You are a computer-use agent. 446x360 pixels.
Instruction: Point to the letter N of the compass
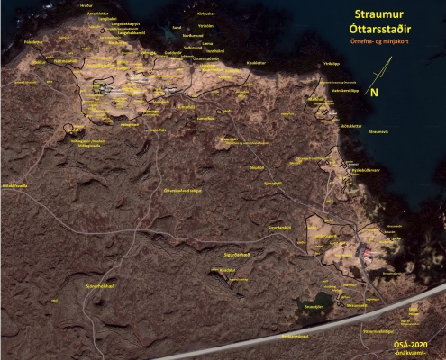[x=375, y=91]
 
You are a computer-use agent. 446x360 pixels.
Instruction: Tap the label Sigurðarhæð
[x=239, y=256]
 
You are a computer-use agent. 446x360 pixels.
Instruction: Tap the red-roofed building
[x=366, y=255]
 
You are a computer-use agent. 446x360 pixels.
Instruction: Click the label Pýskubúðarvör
[x=368, y=168]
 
